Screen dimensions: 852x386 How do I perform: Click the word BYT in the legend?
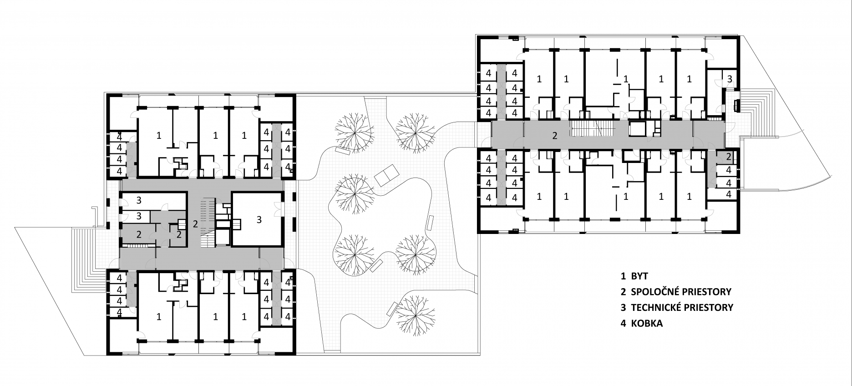coord(639,276)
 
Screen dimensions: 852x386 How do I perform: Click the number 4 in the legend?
coord(624,324)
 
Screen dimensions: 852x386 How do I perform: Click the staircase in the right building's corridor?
coord(592,129)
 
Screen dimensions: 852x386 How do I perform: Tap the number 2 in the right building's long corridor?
coord(554,135)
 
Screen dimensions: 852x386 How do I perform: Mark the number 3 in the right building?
coord(730,78)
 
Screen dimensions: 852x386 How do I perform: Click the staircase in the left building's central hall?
coord(208,223)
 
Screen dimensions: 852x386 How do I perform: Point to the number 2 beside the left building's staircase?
coord(195,223)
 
